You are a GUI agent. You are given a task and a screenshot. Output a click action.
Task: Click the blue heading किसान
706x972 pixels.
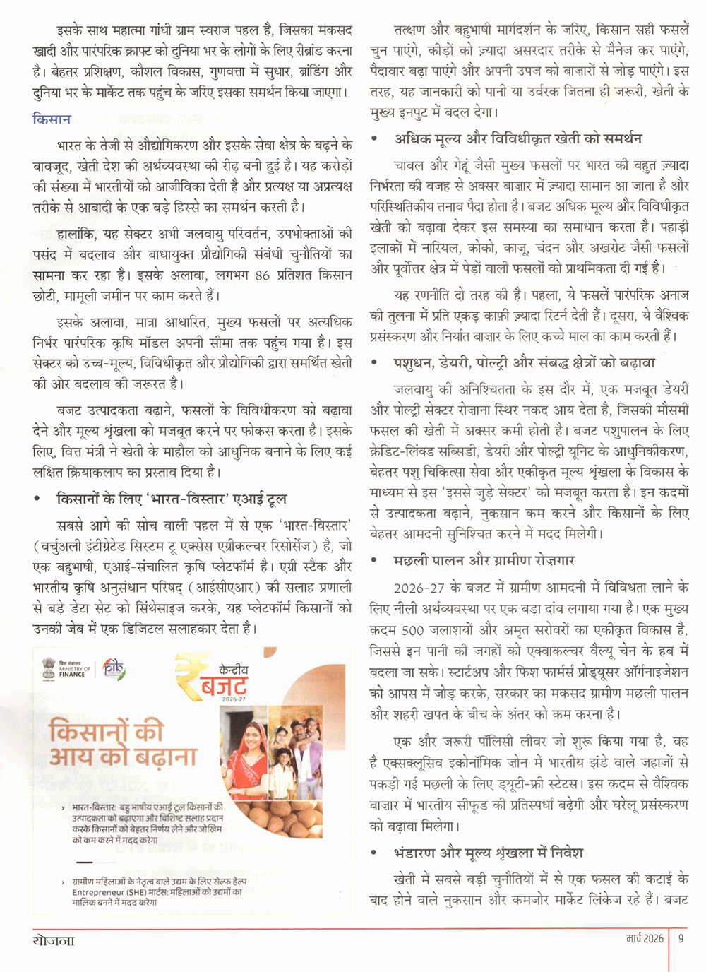(52, 119)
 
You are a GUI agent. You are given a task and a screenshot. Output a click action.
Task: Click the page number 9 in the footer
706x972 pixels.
(681, 938)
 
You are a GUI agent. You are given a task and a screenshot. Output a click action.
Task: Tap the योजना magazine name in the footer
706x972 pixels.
(54, 940)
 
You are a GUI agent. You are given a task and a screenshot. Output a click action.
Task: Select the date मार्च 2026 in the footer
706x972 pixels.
(645, 938)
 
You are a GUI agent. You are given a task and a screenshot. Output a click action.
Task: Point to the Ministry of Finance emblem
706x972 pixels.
(48, 668)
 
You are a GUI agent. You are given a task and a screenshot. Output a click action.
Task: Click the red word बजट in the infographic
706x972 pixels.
(224, 684)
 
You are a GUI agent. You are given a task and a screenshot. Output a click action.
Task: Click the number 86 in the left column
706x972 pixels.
(262, 275)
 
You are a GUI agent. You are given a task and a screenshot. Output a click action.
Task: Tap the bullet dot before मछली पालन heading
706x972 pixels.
(374, 561)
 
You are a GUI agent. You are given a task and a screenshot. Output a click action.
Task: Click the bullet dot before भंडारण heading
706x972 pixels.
(374, 853)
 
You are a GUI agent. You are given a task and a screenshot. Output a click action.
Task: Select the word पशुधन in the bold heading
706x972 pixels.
(417, 363)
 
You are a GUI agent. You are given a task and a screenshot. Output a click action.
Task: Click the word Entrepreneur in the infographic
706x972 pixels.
(97, 892)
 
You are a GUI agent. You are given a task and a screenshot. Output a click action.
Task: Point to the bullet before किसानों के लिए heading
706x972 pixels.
(37, 499)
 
